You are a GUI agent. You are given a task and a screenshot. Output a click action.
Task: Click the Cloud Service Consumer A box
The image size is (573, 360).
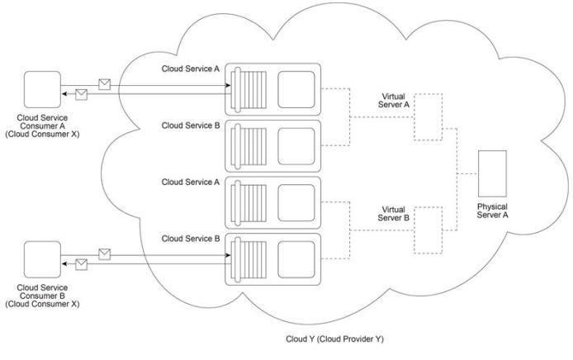click(x=42, y=89)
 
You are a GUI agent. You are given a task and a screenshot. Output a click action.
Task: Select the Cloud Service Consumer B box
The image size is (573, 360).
click(x=42, y=259)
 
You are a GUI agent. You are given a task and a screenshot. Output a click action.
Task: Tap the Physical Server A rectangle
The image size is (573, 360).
click(x=492, y=173)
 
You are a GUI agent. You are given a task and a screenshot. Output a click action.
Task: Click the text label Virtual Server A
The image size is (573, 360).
click(x=394, y=101)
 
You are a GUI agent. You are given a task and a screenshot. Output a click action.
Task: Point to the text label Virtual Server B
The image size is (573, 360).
click(x=394, y=214)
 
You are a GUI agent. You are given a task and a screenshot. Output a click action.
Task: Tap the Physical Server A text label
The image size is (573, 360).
click(x=492, y=211)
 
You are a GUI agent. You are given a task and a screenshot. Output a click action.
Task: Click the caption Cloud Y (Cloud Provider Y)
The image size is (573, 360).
click(x=334, y=339)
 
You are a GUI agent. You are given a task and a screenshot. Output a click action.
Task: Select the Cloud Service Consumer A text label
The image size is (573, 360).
click(x=42, y=126)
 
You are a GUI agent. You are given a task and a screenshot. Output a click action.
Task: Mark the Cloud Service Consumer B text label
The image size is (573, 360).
click(x=42, y=296)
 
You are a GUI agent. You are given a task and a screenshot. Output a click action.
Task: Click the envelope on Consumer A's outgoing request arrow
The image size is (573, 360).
click(x=105, y=84)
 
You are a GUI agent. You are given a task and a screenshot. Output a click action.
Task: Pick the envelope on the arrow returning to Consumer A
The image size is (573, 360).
click(x=82, y=94)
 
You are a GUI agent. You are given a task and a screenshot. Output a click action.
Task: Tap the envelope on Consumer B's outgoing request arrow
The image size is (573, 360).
click(x=105, y=254)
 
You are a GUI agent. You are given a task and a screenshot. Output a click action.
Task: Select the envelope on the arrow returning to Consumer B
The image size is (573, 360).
click(x=82, y=264)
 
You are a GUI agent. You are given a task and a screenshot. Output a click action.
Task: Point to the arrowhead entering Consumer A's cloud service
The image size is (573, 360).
click(x=228, y=86)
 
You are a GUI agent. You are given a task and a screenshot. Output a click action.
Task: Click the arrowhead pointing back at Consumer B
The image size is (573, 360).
click(x=64, y=264)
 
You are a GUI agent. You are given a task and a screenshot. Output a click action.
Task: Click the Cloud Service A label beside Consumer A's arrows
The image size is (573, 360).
click(x=191, y=69)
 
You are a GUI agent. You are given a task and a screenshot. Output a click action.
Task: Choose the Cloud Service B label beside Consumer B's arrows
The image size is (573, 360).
click(x=191, y=239)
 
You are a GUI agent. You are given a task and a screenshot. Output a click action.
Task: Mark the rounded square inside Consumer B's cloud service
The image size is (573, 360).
click(x=296, y=259)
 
